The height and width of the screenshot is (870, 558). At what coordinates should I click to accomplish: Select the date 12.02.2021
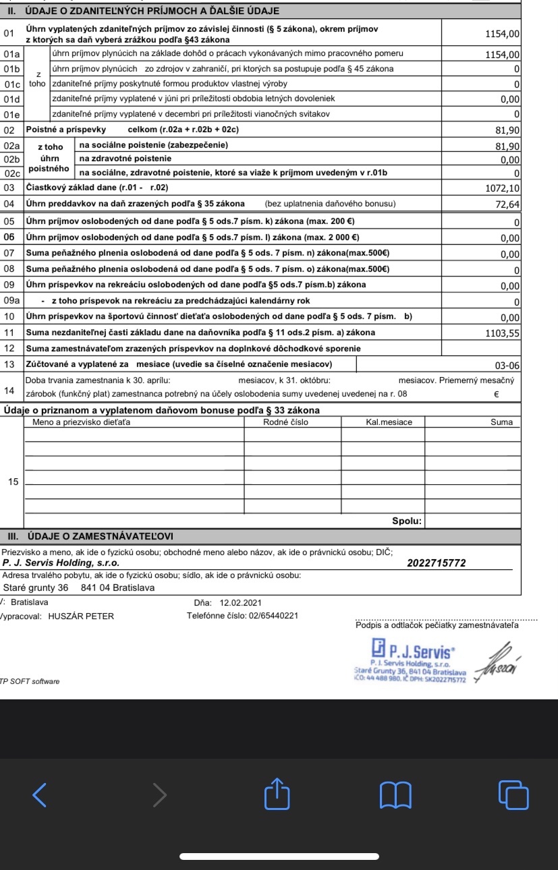(x=241, y=602)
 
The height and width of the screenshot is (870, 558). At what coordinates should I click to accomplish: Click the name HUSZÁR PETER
(x=81, y=616)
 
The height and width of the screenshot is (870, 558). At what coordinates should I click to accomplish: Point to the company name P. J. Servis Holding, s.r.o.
(x=61, y=563)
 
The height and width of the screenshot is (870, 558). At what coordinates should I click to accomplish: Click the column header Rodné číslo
(x=285, y=422)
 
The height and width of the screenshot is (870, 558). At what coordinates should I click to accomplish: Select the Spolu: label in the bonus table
(x=407, y=521)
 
